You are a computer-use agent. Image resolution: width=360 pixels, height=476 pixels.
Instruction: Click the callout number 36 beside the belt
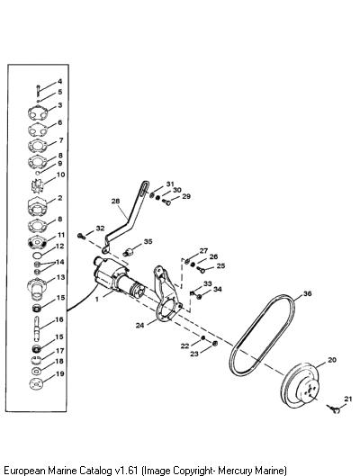[308, 293]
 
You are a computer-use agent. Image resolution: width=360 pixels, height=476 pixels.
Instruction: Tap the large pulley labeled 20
[300, 384]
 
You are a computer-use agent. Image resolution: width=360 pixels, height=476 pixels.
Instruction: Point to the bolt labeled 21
[334, 409]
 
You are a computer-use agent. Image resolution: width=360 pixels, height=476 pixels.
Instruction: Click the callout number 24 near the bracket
[139, 326]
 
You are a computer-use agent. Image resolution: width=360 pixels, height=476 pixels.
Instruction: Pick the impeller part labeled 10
[38, 185]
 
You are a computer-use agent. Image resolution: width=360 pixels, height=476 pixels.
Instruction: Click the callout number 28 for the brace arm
[115, 201]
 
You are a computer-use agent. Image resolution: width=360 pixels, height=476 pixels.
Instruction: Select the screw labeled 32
[82, 236]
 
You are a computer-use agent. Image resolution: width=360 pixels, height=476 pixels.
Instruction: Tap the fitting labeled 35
[128, 252]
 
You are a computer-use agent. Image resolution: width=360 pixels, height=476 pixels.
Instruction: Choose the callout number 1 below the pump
[97, 300]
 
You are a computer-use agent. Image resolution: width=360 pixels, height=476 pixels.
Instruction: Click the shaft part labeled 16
[37, 328]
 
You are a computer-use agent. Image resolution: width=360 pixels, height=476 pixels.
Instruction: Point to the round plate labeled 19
[37, 384]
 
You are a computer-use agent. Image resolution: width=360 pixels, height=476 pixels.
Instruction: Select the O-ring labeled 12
[37, 255]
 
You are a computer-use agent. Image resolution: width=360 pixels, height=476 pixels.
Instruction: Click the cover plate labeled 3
[38, 113]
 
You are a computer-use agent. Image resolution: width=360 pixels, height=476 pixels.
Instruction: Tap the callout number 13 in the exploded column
[60, 277]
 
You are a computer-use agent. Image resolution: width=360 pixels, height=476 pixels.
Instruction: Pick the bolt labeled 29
[166, 202]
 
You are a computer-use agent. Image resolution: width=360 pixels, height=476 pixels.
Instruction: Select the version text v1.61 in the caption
[126, 471]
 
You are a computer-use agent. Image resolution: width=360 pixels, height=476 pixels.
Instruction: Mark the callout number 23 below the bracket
[194, 354]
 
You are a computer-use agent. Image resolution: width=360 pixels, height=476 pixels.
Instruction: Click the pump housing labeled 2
[37, 207]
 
